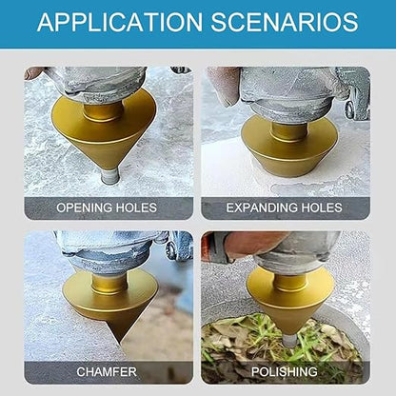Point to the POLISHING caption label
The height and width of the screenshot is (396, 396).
[285, 372]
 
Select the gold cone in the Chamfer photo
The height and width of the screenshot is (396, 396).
[109, 295]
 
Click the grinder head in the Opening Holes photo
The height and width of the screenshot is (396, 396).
[95, 83]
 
